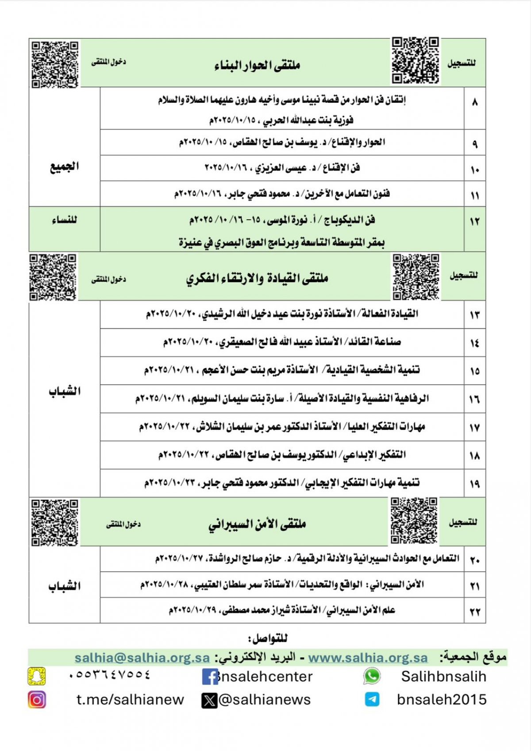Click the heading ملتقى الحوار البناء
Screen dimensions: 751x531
click(x=257, y=65)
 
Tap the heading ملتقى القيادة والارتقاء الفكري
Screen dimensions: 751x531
click(x=257, y=278)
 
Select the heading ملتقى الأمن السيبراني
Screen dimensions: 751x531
click(x=257, y=524)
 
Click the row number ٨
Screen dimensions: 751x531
click(x=475, y=103)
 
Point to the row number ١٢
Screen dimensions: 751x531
click(x=475, y=221)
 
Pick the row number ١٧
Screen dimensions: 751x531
click(x=475, y=428)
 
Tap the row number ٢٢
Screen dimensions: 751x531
click(x=475, y=612)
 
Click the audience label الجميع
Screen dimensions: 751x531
click(x=65, y=166)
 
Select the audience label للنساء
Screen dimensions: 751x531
click(x=65, y=220)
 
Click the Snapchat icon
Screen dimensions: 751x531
click(x=37, y=676)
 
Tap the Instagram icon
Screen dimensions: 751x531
click(x=37, y=700)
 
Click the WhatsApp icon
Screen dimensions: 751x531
click(x=372, y=676)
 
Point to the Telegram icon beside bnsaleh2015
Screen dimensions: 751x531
click(x=372, y=700)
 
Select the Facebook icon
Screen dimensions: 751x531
click(x=210, y=677)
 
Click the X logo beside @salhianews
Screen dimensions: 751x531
click(x=209, y=700)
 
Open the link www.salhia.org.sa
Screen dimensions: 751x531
click(x=368, y=658)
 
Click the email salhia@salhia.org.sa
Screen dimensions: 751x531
click(x=142, y=658)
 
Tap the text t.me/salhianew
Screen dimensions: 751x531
click(x=130, y=700)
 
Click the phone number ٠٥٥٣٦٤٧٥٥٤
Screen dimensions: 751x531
click(x=110, y=675)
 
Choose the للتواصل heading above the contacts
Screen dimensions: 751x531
click(x=268, y=638)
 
